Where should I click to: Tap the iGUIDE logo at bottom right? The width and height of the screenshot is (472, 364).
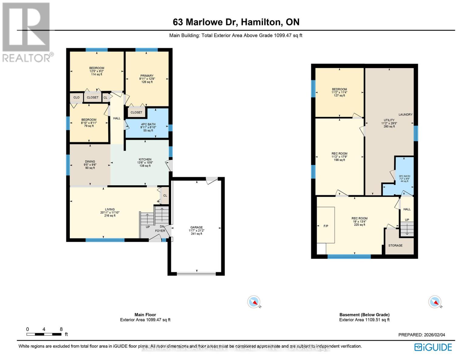click(x=433, y=347)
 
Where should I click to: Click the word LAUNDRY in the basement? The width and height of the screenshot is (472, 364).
click(x=405, y=114)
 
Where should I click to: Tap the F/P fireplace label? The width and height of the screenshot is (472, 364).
click(x=326, y=226)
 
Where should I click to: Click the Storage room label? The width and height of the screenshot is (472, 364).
click(x=395, y=245)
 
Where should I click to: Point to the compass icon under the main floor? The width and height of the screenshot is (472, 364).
click(x=254, y=302)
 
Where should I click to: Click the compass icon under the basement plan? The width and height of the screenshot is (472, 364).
click(x=435, y=302)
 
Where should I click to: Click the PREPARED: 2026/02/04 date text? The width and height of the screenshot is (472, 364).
click(x=422, y=335)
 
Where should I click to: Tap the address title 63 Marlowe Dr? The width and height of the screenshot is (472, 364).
click(x=236, y=22)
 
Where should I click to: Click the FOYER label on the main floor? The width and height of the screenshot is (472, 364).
click(x=160, y=231)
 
